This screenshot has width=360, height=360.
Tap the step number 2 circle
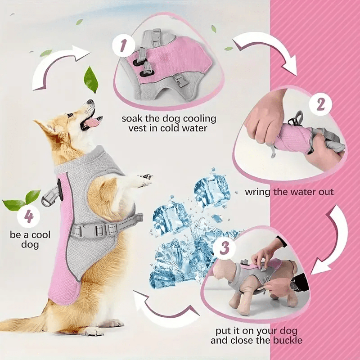coord(320,104)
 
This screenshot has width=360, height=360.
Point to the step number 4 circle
coord(29,217)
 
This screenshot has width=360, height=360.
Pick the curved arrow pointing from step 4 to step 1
coord(61,67)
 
